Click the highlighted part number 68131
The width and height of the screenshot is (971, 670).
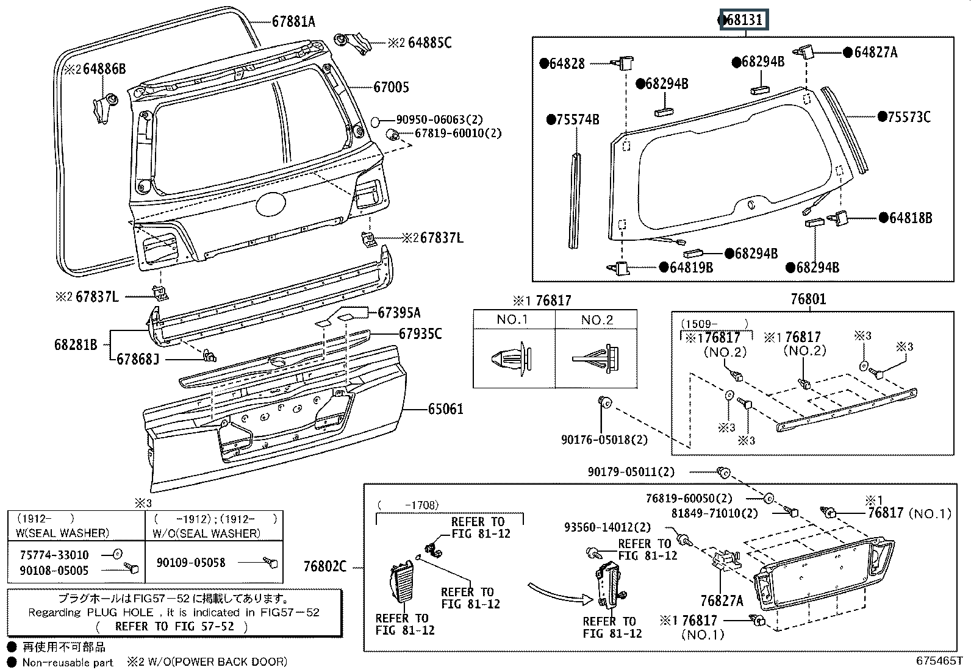(745, 20)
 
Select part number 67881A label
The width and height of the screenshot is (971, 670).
(293, 22)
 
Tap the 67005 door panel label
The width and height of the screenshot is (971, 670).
(391, 87)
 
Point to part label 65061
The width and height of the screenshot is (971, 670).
(445, 408)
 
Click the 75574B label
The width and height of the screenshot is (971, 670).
(577, 119)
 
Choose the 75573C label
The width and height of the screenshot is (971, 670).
(908, 117)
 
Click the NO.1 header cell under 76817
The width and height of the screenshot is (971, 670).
(512, 320)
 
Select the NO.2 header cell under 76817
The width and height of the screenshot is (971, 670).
(597, 320)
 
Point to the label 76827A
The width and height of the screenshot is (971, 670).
(722, 601)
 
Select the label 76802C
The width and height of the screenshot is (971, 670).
(324, 567)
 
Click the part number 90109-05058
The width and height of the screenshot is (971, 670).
(191, 563)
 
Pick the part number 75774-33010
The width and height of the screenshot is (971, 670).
(54, 555)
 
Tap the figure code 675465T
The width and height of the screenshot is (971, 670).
(939, 660)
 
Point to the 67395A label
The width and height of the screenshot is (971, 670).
(399, 313)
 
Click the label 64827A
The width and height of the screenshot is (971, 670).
(875, 52)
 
